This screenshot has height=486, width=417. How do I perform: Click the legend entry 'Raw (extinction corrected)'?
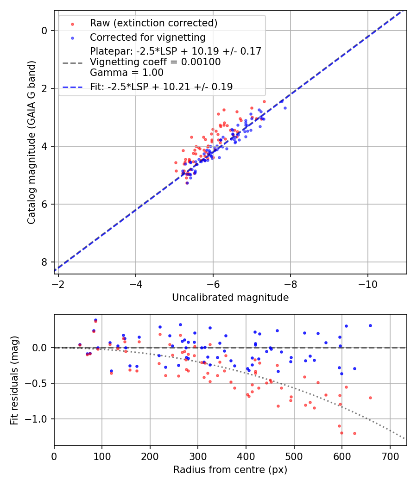153,23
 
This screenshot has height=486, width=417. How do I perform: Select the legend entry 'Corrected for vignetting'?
147,37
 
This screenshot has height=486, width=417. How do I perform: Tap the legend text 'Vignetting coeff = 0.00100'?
155,62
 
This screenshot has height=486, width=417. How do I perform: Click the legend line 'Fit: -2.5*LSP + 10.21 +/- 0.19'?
161,87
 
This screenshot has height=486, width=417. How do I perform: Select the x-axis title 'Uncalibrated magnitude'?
230,298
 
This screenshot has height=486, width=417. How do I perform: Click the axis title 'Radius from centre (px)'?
230,470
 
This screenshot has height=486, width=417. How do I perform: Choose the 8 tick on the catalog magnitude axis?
44,262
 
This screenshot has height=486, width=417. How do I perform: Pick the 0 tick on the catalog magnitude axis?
44,31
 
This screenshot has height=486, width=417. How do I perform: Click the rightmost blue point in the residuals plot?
370,325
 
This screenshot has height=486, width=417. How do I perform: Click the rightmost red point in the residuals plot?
370,398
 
